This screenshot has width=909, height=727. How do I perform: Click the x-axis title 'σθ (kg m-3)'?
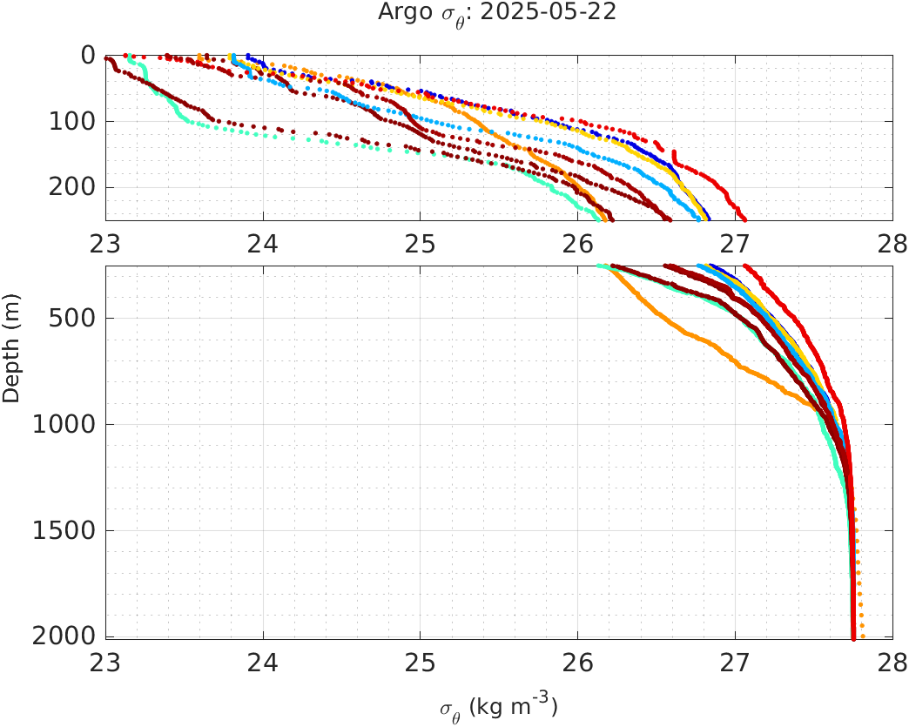(x=498, y=705)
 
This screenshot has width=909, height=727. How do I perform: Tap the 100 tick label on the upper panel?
(x=72, y=122)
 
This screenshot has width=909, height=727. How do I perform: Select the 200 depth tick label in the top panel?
(x=72, y=188)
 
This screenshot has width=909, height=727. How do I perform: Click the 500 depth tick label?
(x=72, y=318)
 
